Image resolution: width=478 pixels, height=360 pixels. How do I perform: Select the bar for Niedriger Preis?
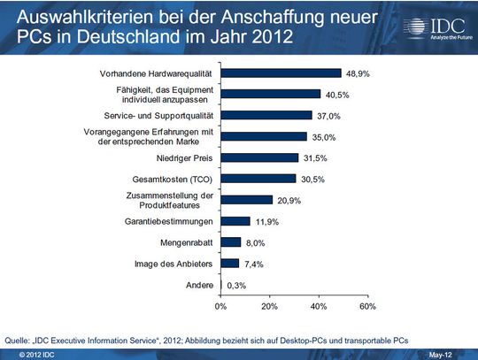[x=260, y=157]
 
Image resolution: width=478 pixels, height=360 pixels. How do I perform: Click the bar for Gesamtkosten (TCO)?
[x=258, y=179]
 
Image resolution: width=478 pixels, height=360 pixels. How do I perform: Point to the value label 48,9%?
[x=358, y=73]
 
